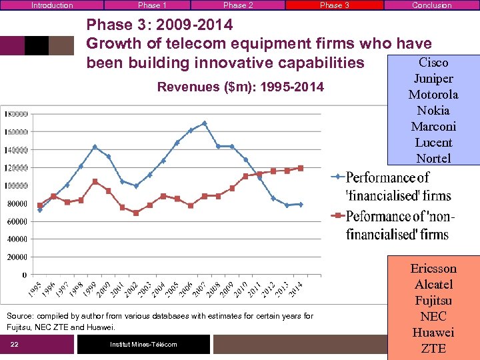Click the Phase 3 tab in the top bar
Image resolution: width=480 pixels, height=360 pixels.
pos(334,5)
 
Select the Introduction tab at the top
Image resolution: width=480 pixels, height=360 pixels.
pos(52,5)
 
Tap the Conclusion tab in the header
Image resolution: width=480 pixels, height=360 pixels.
pos(431,5)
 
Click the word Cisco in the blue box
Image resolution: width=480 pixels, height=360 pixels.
pos(433,63)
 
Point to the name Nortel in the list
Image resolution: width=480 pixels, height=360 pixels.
pos(433,159)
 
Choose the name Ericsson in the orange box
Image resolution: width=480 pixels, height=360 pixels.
pos(433,269)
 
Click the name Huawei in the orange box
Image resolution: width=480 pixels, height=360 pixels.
pos(433,333)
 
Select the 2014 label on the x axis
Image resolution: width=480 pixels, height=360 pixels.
pos(295,289)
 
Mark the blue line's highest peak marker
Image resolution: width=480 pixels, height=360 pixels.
pos(204,123)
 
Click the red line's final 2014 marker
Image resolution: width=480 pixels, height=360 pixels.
pos(301,168)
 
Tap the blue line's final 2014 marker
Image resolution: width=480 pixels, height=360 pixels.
pos(301,204)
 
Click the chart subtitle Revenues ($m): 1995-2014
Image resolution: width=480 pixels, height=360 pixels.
pos(240,87)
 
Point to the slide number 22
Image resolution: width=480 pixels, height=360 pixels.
pos(14,345)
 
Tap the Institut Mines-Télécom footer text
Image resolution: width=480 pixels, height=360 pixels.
pos(143,345)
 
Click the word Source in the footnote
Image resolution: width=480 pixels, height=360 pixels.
pos(19,316)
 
